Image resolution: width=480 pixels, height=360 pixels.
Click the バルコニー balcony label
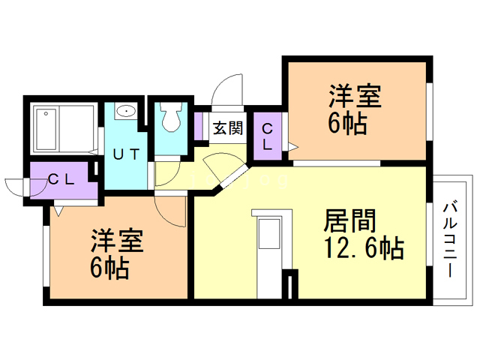pos(451,238)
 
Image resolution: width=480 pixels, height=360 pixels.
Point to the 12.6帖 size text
pos(364,247)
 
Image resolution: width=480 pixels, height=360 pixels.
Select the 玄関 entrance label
pos(226,128)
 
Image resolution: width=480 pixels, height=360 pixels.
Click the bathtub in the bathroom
pos(63,129)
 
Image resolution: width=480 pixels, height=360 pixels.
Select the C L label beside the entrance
pos(268,135)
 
